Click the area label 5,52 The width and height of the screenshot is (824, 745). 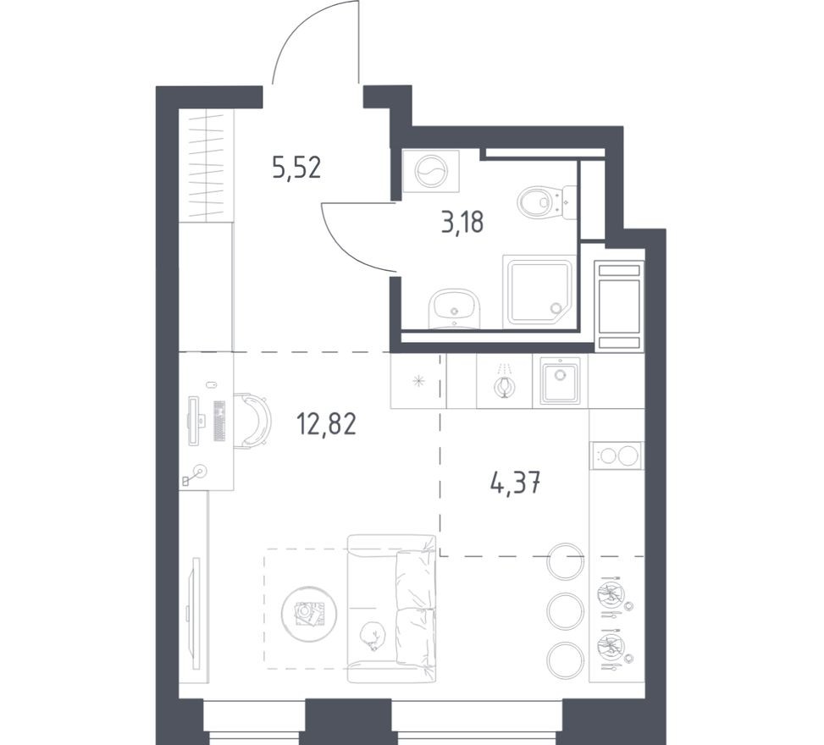(x=296, y=168)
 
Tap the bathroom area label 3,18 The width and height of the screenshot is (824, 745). (x=462, y=222)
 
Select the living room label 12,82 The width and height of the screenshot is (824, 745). (x=326, y=423)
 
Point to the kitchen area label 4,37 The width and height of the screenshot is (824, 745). (x=515, y=483)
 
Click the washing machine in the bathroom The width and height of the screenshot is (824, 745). (x=430, y=171)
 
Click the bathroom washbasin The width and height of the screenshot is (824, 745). (x=455, y=309)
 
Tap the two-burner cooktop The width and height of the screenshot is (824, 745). (x=617, y=455)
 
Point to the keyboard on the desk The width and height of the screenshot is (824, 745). (x=219, y=420)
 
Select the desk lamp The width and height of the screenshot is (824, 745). (x=195, y=474)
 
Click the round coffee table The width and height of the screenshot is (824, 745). (x=309, y=614)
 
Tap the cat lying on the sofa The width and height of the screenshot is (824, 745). (x=373, y=635)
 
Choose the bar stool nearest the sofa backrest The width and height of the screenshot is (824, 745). (x=566, y=561)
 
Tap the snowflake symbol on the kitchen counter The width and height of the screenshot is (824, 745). (x=419, y=380)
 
